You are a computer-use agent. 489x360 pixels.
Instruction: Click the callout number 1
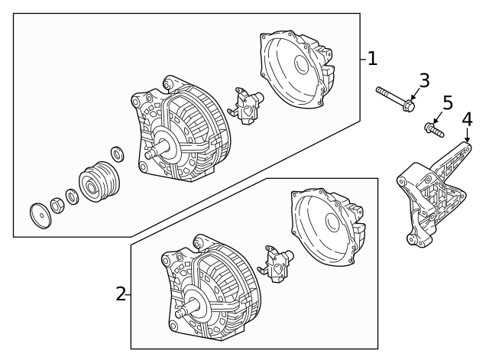click(371, 58)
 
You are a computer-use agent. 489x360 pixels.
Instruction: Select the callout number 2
click(121, 294)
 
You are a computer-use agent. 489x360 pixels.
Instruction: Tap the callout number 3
click(425, 81)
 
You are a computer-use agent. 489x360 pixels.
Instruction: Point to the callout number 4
click(467, 119)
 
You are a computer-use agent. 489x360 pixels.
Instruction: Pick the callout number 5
click(447, 102)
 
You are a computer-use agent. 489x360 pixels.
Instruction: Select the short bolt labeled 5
click(433, 131)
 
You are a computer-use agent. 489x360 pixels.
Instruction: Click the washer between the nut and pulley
click(72, 196)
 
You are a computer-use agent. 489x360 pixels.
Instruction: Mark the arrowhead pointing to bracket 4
click(467, 135)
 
